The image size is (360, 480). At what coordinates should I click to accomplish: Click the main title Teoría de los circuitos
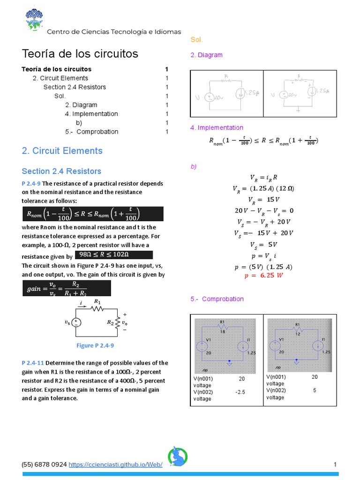pyautogui.click(x=80, y=53)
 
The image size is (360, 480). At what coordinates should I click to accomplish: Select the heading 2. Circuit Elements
pyautogui.click(x=62, y=150)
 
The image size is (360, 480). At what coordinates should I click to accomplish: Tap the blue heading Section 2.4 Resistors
pyautogui.click(x=61, y=171)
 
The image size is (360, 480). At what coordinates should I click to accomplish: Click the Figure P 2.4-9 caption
pyautogui.click(x=95, y=345)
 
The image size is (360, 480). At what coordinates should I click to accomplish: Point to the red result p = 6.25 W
pyautogui.click(x=264, y=276)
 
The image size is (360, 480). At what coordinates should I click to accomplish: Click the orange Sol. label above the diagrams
pyautogui.click(x=197, y=40)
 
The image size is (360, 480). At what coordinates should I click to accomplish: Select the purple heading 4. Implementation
pyautogui.click(x=217, y=127)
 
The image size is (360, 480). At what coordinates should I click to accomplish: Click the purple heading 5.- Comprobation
pyautogui.click(x=217, y=299)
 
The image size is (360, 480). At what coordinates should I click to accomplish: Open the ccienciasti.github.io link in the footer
pyautogui.click(x=115, y=464)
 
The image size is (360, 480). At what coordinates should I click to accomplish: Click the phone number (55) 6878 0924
pyautogui.click(x=44, y=464)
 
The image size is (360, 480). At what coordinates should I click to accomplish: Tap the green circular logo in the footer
pyautogui.click(x=178, y=457)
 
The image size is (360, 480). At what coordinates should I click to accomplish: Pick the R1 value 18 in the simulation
pyautogui.click(x=223, y=331)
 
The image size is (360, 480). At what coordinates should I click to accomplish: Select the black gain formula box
pyautogui.click(x=67, y=288)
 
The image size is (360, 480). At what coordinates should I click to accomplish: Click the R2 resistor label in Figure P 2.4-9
pyautogui.click(x=111, y=322)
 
